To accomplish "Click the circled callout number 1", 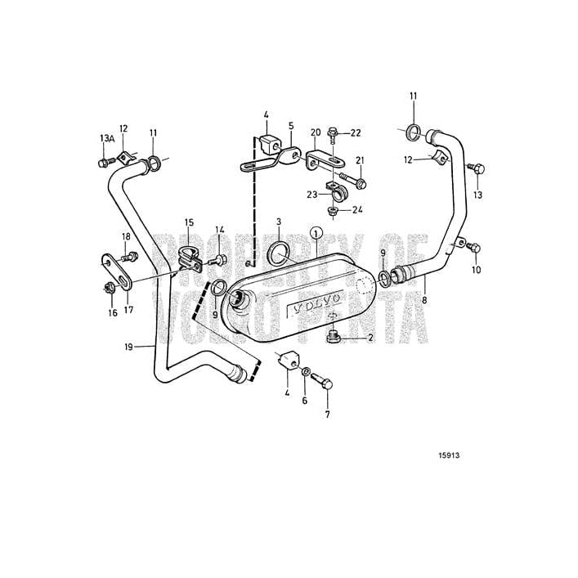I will tap(317, 233).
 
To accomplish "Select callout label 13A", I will tap(106, 138).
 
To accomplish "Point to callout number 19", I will tap(129, 347).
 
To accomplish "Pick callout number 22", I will tap(355, 132).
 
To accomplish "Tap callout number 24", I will tap(356, 210).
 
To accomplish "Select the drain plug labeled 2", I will tap(333, 336).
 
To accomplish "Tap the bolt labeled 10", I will tap(476, 248).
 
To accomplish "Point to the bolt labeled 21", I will tap(356, 181).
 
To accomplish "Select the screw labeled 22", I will tap(334, 133).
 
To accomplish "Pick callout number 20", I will tap(316, 132).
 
